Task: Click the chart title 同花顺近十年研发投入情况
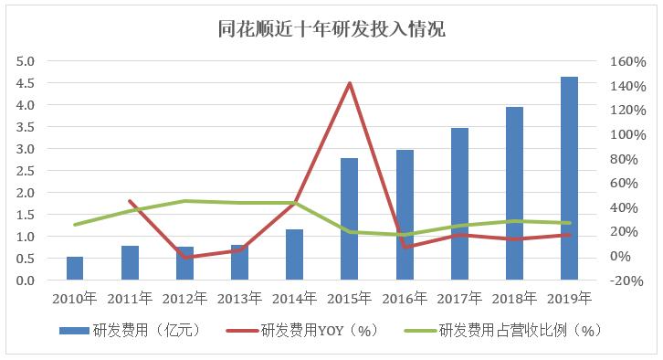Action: pos(331,29)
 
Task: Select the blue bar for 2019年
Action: pos(569,178)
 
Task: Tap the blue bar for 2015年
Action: pos(349,219)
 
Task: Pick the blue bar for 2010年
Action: pos(75,269)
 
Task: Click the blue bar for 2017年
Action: pos(459,204)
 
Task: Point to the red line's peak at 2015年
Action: pos(349,83)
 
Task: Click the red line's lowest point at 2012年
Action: pos(185,258)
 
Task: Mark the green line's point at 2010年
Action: pos(75,224)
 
